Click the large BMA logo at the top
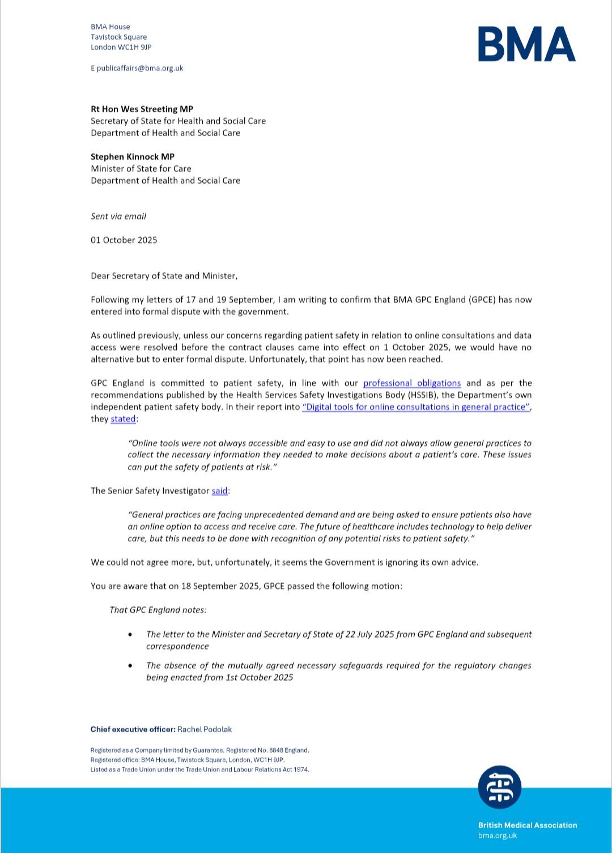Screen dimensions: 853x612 point(526,44)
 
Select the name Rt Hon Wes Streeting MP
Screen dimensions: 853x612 point(142,109)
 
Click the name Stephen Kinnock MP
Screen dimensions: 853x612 point(133,156)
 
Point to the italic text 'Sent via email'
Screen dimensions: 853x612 point(118,216)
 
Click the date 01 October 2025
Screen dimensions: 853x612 point(124,240)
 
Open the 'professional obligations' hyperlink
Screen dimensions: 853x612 point(412,383)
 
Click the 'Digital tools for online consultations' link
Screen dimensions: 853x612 point(416,407)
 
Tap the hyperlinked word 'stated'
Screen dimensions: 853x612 point(123,419)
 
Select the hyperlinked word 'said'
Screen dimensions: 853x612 point(219,491)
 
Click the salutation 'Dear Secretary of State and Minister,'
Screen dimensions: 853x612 point(164,276)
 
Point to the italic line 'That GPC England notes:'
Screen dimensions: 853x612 point(158,610)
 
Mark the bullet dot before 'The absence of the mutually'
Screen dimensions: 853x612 point(131,666)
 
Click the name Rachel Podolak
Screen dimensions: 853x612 point(205,729)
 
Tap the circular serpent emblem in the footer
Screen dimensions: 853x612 point(499,787)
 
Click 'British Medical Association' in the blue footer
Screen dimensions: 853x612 point(528,825)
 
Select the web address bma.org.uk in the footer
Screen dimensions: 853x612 point(498,835)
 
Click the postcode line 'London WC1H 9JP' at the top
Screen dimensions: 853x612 point(121,47)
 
